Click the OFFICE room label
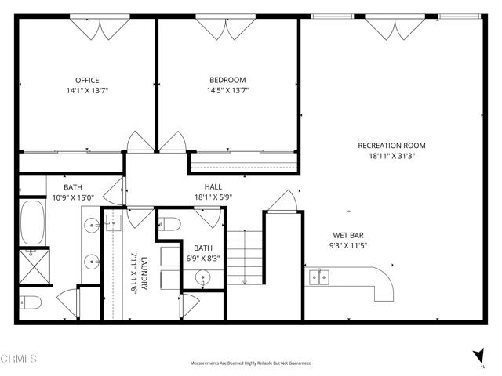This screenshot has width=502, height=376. coord(87,80)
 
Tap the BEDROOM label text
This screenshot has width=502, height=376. coord(227,80)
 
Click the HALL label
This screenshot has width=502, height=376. coord(213,187)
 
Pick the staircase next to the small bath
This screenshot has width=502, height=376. coord(243,258)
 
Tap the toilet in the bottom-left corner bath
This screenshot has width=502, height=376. coord(30,302)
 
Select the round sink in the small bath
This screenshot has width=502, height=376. coord(204,277)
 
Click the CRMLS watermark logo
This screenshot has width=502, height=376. coord(20,360)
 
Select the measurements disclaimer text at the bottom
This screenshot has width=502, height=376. coord(250,363)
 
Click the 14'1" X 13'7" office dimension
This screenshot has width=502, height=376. coord(87,91)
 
